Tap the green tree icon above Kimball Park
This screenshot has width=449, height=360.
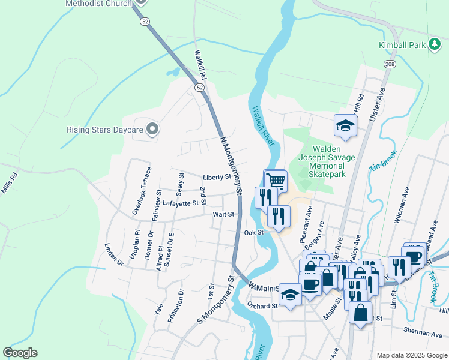[402, 31]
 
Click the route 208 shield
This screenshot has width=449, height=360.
[390, 64]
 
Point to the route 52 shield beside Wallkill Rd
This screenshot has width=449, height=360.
[199, 88]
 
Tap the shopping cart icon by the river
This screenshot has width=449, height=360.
[276, 180]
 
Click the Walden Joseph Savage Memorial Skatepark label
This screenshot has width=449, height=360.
[327, 161]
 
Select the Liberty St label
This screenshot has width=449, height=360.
[217, 177]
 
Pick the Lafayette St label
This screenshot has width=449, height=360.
[180, 203]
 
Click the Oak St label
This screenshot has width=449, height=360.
[254, 232]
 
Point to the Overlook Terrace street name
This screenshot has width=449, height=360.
[142, 195]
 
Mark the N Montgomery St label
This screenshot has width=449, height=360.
[231, 166]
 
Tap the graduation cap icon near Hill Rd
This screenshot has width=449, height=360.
[345, 125]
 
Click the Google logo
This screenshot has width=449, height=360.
[20, 353]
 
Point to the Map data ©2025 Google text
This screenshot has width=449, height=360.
[412, 355]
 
